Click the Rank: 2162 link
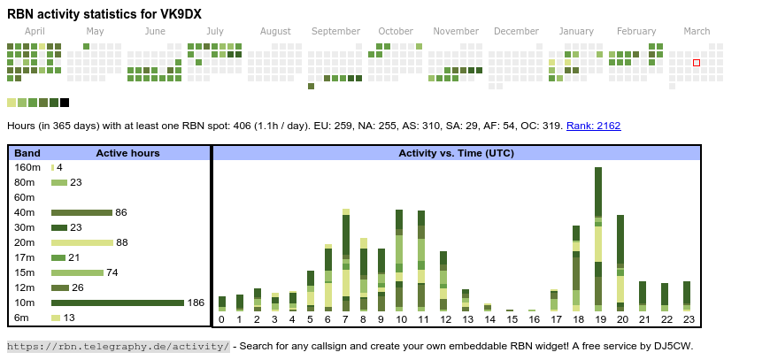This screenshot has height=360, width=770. (593, 126)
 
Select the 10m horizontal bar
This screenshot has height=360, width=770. (117, 303)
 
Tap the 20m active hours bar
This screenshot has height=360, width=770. (82, 242)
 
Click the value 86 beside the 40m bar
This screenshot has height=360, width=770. (121, 212)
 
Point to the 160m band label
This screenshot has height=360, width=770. (27, 167)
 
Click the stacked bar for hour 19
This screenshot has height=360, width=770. (599, 239)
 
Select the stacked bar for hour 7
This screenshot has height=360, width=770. (346, 260)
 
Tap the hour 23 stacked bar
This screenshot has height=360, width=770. (687, 294)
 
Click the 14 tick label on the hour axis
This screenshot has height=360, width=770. (489, 319)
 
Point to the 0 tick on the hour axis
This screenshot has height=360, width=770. (221, 319)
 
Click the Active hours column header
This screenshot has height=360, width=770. (127, 153)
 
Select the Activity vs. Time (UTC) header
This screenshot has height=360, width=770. (456, 153)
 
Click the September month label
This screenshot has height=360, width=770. (335, 31)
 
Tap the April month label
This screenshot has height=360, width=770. (35, 31)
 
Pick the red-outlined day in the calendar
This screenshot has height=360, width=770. (697, 63)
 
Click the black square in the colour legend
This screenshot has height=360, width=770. (65, 103)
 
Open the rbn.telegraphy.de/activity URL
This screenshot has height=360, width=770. (119, 346)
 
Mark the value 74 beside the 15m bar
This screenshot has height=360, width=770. (112, 272)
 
